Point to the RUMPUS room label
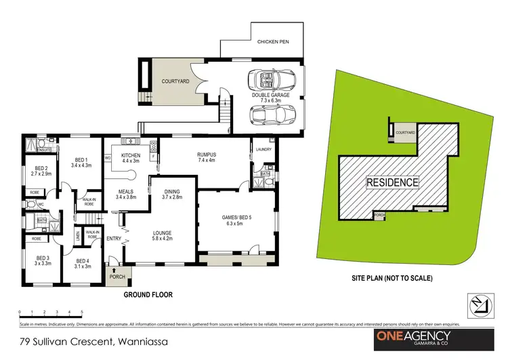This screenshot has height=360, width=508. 207,157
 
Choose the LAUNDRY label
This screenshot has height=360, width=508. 264,149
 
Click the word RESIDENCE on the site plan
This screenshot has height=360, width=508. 393,182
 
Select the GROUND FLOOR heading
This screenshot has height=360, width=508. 148,295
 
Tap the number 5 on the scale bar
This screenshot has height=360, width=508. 82,311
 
